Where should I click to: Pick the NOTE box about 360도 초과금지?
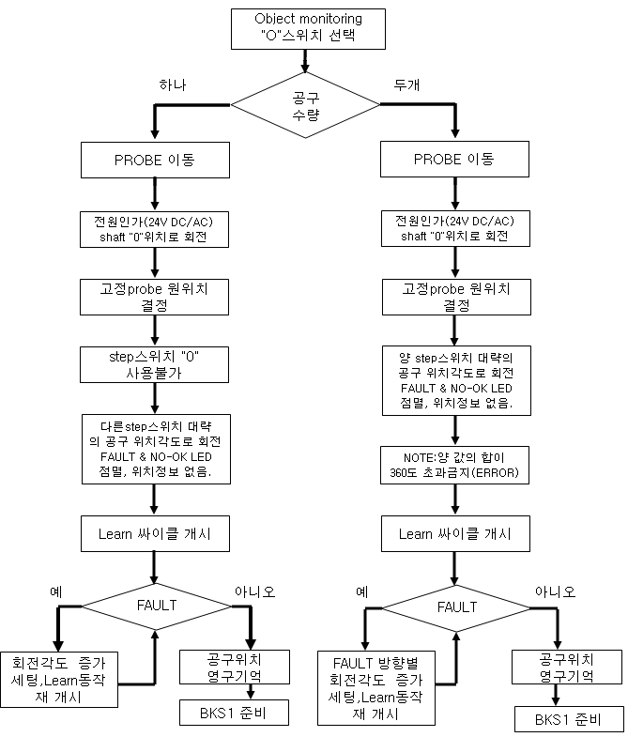(455, 463)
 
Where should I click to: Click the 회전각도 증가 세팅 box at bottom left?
(59, 680)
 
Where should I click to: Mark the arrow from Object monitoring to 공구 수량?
(306, 60)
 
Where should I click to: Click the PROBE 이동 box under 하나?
(154, 160)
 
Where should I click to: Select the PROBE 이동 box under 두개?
(455, 160)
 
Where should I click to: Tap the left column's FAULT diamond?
(154, 605)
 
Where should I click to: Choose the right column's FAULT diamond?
(455, 606)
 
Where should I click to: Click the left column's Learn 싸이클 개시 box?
(154, 533)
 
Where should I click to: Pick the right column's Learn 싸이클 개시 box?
(455, 533)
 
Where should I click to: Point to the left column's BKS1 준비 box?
(231, 713)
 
